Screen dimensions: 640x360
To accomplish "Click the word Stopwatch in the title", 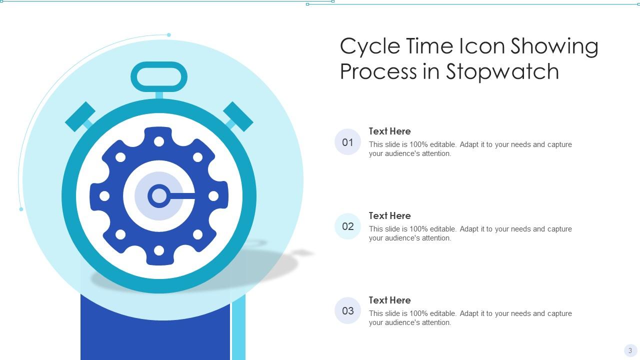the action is pos(502,71).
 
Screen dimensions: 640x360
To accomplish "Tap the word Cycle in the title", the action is pos(370,47).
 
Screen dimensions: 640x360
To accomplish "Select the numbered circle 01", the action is pos(347,142).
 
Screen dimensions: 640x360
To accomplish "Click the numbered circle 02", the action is pos(347,226).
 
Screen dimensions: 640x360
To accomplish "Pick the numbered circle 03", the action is pos(347,310).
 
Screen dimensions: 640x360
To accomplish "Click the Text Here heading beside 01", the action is pos(389,131).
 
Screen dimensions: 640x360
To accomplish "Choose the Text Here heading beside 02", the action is pos(389,215).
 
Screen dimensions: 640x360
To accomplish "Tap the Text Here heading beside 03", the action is pos(389,300).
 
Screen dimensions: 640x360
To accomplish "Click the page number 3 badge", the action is pos(630,350).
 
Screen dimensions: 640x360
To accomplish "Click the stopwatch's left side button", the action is pos(80,116).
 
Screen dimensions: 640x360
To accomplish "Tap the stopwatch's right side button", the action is pos(238,116).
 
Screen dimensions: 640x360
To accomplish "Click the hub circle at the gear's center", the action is pos(159,196).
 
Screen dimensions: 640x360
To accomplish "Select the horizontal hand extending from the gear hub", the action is pos(182,196).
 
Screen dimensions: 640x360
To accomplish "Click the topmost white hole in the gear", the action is pos(159,141).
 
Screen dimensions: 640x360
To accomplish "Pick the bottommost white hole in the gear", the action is pos(159,250).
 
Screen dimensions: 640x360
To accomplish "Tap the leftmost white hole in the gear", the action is pos(104,196).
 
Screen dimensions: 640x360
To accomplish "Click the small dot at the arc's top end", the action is pos(169,35).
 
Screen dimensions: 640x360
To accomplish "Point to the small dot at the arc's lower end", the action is pos(21,209).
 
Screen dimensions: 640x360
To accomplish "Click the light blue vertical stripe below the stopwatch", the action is pos(238,328).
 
